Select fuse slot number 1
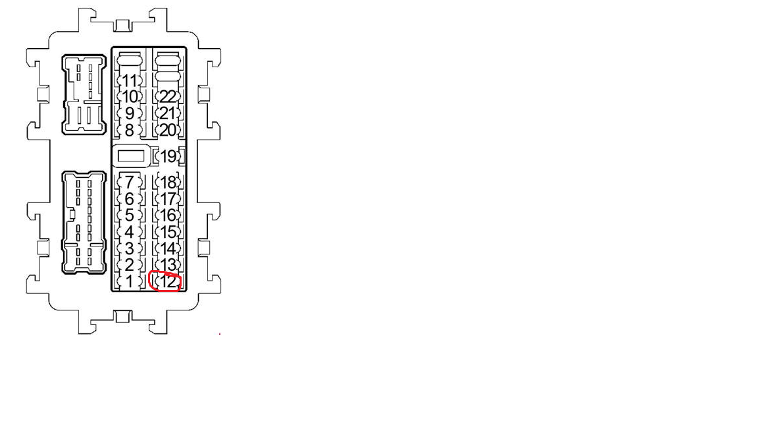pos(130,282)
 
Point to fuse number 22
pos(168,97)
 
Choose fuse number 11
pos(130,81)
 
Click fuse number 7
pos(130,182)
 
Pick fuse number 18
pos(168,183)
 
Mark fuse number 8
pos(130,130)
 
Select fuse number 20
pos(168,130)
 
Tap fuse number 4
pos(130,232)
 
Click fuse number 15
pos(168,232)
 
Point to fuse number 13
pos(168,266)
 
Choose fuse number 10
pos(130,97)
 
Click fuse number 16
pos(168,215)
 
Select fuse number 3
pos(130,249)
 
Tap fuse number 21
pos(168,113)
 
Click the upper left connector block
pos(84,94)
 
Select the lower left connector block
pos(84,222)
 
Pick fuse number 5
pos(130,215)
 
